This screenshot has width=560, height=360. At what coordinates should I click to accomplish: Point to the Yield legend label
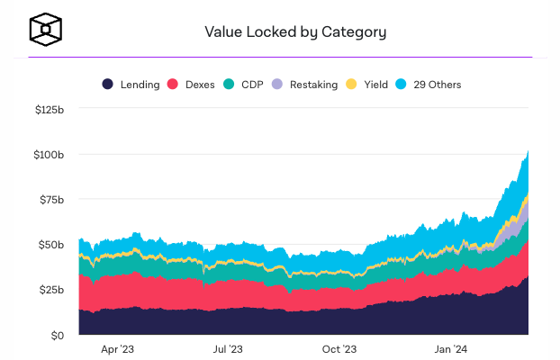375,85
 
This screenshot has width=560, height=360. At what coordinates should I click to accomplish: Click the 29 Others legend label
437,85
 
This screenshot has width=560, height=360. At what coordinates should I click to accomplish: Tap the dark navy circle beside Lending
107,85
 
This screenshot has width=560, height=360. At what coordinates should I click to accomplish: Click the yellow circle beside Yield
351,85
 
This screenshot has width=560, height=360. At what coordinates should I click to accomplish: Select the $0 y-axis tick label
56,336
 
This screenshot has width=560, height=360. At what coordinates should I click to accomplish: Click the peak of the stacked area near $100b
528,153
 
